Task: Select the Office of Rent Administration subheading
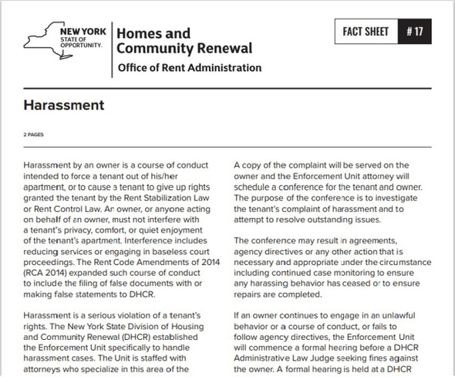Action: tap(189, 68)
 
